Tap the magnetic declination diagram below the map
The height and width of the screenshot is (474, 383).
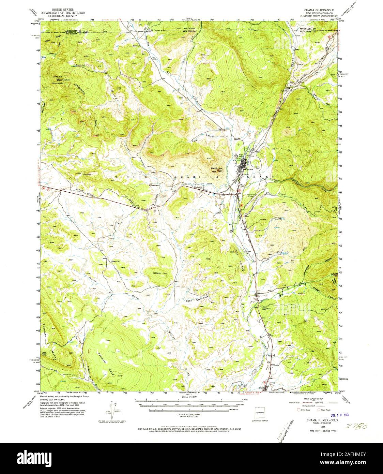click(x=113, y=409)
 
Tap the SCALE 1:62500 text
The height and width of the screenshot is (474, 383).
click(x=191, y=397)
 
